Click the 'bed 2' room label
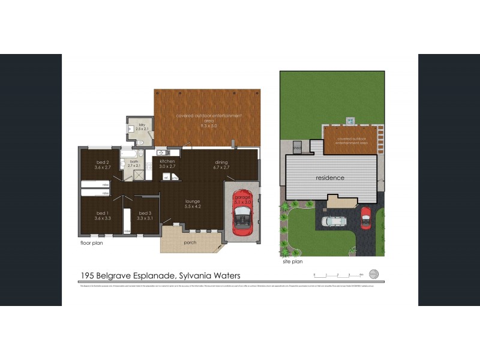[x=102, y=162]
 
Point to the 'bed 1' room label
[x=102, y=213]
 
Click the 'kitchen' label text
[x=167, y=162]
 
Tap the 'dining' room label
[x=221, y=162]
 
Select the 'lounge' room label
[x=192, y=201]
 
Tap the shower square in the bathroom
[x=138, y=176]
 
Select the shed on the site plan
[x=297, y=148]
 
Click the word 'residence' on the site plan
[x=330, y=178]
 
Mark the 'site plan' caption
[x=292, y=262]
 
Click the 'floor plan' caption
[x=92, y=244]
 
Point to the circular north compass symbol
[x=374, y=274]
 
